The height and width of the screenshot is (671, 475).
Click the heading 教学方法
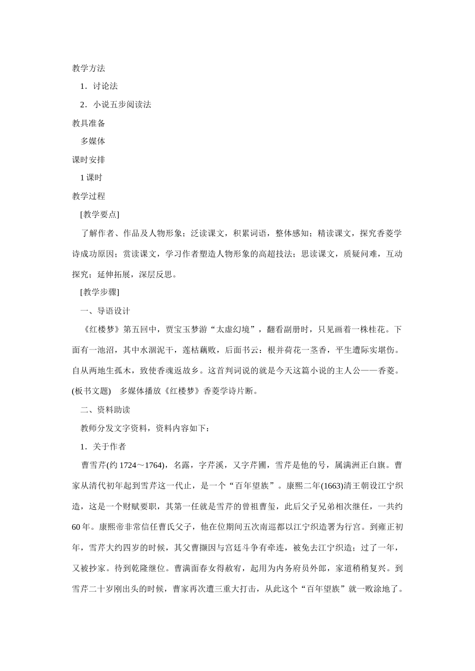point(88,68)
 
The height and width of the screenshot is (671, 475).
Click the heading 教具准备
point(88,123)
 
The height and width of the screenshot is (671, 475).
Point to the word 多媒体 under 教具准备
point(92,141)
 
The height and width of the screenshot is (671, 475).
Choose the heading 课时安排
point(88,160)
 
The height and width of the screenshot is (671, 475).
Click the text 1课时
point(91,178)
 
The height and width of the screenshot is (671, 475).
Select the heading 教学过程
point(88,196)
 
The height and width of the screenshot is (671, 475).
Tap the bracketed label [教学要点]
point(99,215)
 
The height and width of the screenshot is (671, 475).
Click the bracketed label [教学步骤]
point(99,292)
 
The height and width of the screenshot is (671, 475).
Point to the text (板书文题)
point(91,391)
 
